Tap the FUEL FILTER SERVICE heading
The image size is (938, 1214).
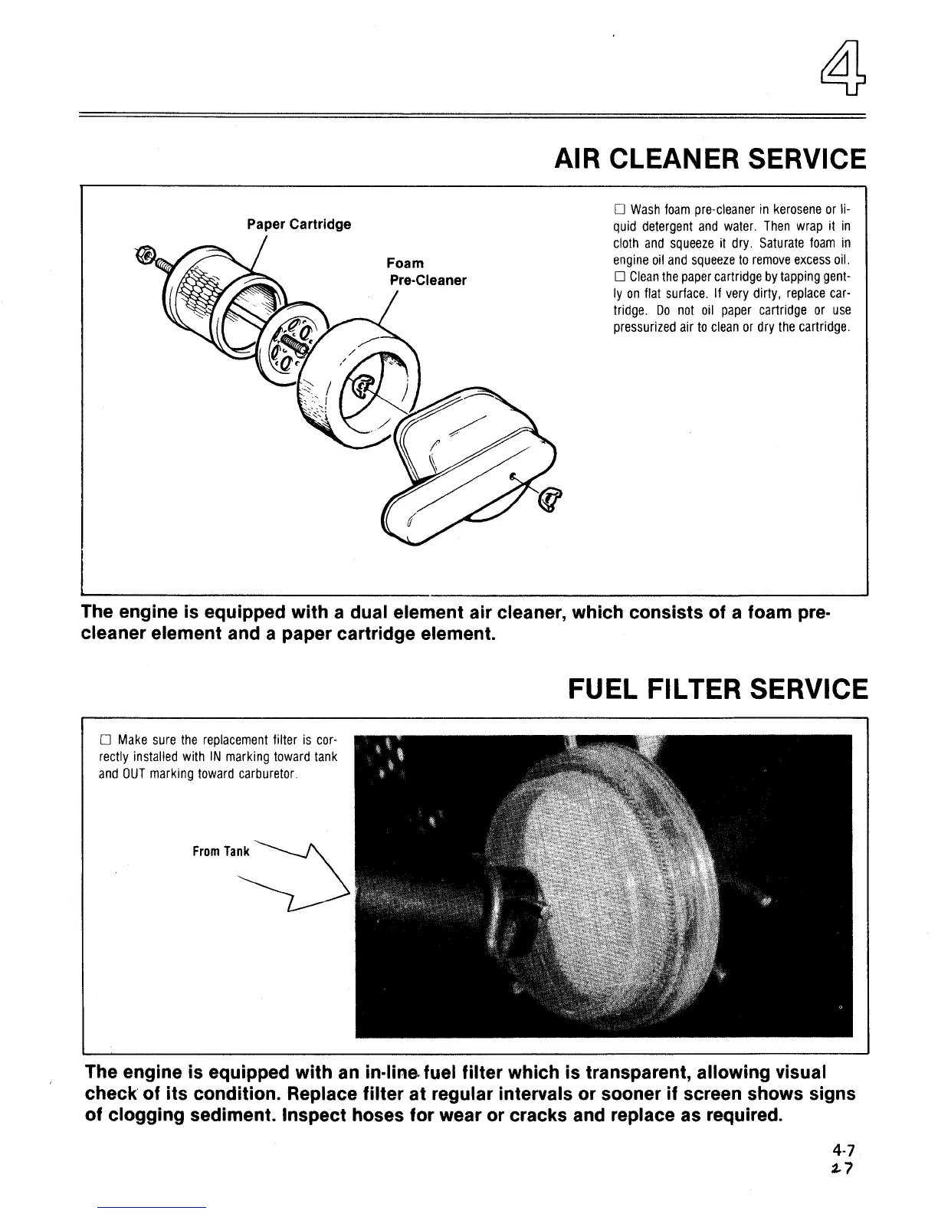pyautogui.click(x=717, y=688)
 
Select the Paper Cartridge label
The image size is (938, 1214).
pyautogui.click(x=299, y=224)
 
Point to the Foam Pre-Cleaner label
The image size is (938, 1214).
pyautogui.click(x=427, y=271)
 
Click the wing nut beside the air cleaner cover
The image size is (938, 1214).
pyautogui.click(x=549, y=500)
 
